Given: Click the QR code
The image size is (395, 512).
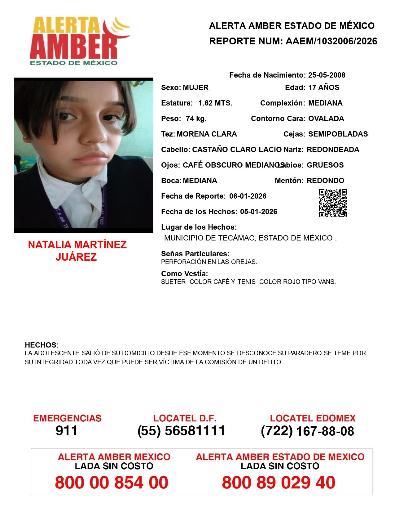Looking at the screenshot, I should pyautogui.click(x=333, y=203).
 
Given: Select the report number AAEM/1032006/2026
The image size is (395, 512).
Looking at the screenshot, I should pyautogui.click(x=331, y=41).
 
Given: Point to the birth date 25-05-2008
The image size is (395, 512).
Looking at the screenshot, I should pyautogui.click(x=327, y=75).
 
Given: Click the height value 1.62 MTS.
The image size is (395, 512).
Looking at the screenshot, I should pyautogui.click(x=215, y=103).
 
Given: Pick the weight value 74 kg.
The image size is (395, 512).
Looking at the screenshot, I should pyautogui.click(x=196, y=119).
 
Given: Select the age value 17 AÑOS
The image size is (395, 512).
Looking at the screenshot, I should pyautogui.click(x=324, y=88).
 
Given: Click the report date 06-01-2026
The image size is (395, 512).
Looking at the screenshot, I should pyautogui.click(x=248, y=196).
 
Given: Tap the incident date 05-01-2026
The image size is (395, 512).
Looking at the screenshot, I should pyautogui.click(x=259, y=212).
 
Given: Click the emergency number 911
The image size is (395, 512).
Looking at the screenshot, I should pyautogui.click(x=67, y=431).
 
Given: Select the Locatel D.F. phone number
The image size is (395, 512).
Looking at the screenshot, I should pyautogui.click(x=182, y=431).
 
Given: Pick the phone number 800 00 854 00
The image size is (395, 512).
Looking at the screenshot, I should pyautogui.click(x=112, y=483).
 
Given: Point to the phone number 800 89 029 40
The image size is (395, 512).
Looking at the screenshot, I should pyautogui.click(x=279, y=483).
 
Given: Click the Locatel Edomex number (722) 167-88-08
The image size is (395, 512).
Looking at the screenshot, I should pyautogui.click(x=307, y=431).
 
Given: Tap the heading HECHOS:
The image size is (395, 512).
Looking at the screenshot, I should pyautogui.click(x=42, y=345).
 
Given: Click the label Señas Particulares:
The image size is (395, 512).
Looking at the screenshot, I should pyautogui.click(x=195, y=254).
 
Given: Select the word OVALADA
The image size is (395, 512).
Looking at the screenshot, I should pyautogui.click(x=326, y=119).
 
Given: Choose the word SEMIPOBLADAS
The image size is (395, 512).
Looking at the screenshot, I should pyautogui.click(x=338, y=134).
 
